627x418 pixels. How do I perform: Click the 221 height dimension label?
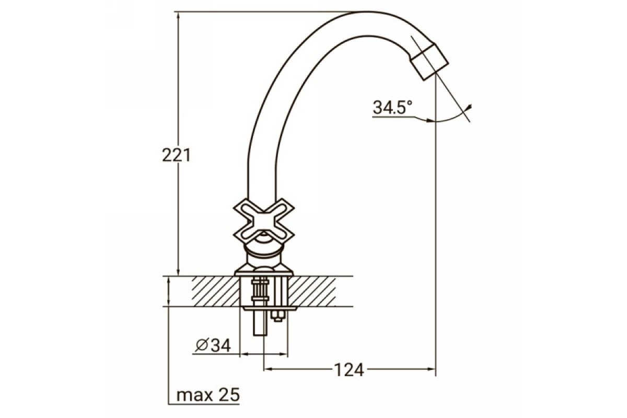tap(177, 155)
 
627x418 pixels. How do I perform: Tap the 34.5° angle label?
tap(392, 107)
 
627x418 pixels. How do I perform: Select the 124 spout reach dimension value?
tap(349, 370)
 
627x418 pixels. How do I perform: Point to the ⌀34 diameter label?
tap(213, 345)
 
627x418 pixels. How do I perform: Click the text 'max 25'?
tap(208, 395)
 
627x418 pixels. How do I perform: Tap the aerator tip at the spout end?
tap(429, 62)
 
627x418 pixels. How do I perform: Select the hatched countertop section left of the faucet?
tap(216, 292)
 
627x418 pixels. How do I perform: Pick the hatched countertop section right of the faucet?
tap(312, 292)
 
